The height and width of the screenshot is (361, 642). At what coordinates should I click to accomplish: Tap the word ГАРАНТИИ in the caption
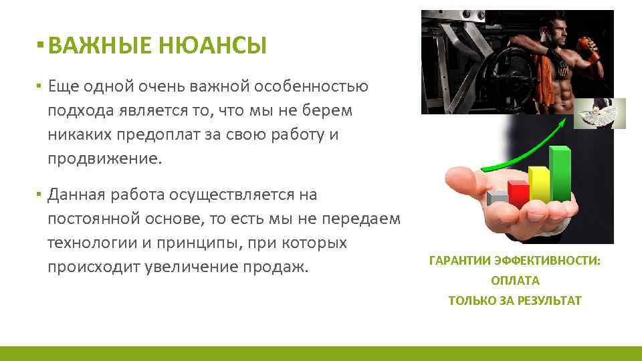click(456, 261)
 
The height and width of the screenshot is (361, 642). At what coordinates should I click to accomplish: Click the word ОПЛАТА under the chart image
click(515, 281)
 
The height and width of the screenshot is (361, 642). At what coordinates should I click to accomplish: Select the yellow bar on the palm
click(539, 185)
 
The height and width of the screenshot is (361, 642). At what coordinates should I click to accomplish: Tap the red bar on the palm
click(518, 194)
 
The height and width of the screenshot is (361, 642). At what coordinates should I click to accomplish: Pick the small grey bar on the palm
click(498, 199)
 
